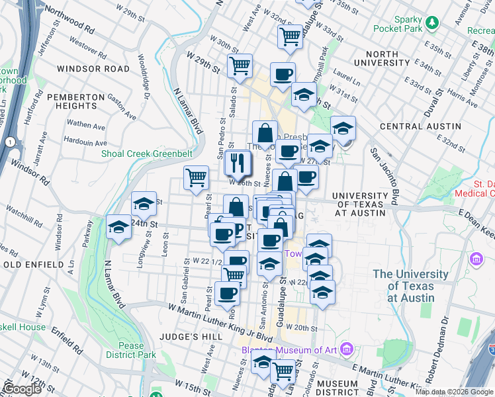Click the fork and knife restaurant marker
pyautogui.click(x=237, y=163)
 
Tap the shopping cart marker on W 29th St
pyautogui.click(x=240, y=66)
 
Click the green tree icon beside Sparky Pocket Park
pyautogui.click(x=433, y=23)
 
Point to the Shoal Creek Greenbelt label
pyautogui.click(x=146, y=154)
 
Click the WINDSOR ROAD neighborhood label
pyautogui.click(x=93, y=69)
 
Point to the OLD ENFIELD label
pyautogui.click(x=32, y=265)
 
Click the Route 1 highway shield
pyautogui.click(x=10, y=142)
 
